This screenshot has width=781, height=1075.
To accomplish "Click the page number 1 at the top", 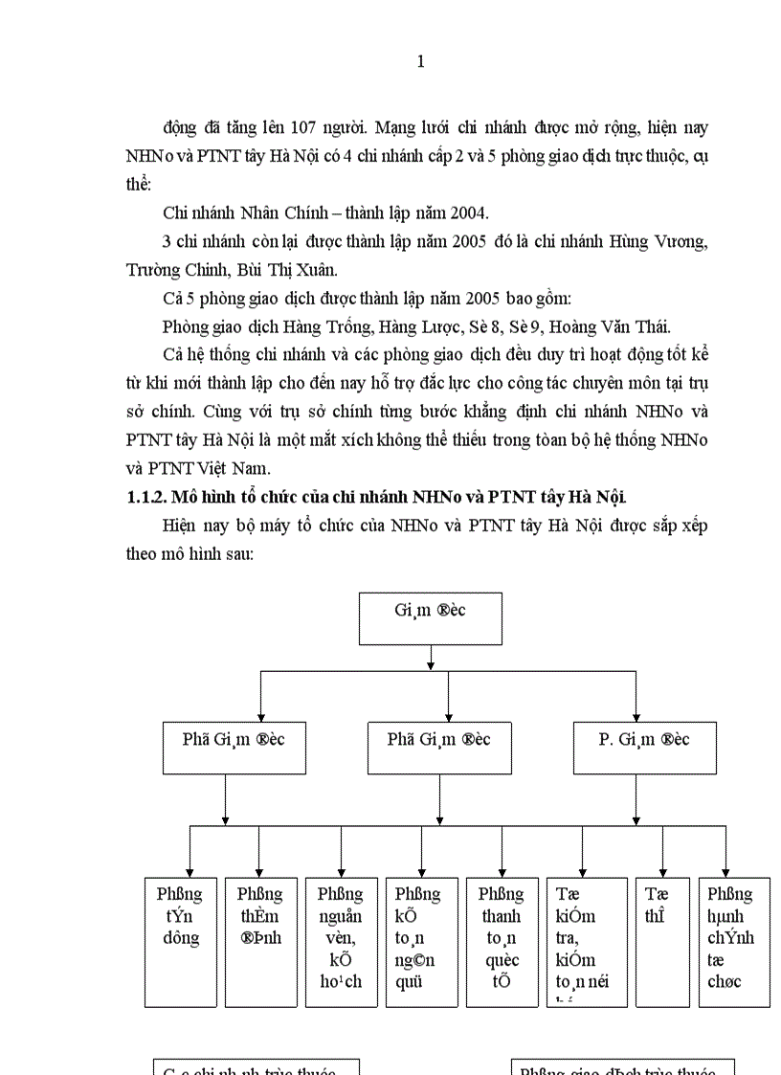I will [x=421, y=62].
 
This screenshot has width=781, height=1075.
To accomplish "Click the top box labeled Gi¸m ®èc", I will [x=430, y=618].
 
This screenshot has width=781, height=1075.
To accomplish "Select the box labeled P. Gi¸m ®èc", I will [x=645, y=748].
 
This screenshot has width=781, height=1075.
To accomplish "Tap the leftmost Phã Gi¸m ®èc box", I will [x=234, y=748].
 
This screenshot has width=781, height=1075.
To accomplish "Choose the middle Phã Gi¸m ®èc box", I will [x=439, y=748].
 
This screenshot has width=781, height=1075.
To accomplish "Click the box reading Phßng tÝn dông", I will [x=180, y=941].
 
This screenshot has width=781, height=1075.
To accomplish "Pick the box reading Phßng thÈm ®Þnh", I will [x=260, y=941].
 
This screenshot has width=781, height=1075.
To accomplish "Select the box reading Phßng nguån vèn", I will [x=341, y=941].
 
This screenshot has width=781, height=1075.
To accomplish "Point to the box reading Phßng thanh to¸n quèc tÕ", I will [x=502, y=941].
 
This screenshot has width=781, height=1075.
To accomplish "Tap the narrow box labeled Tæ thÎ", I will [x=662, y=941].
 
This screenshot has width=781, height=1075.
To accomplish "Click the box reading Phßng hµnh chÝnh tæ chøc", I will [x=734, y=941].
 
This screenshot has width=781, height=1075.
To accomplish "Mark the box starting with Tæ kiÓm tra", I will [x=582, y=941].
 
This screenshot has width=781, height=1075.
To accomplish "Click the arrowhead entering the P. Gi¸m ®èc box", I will [x=636, y=718].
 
